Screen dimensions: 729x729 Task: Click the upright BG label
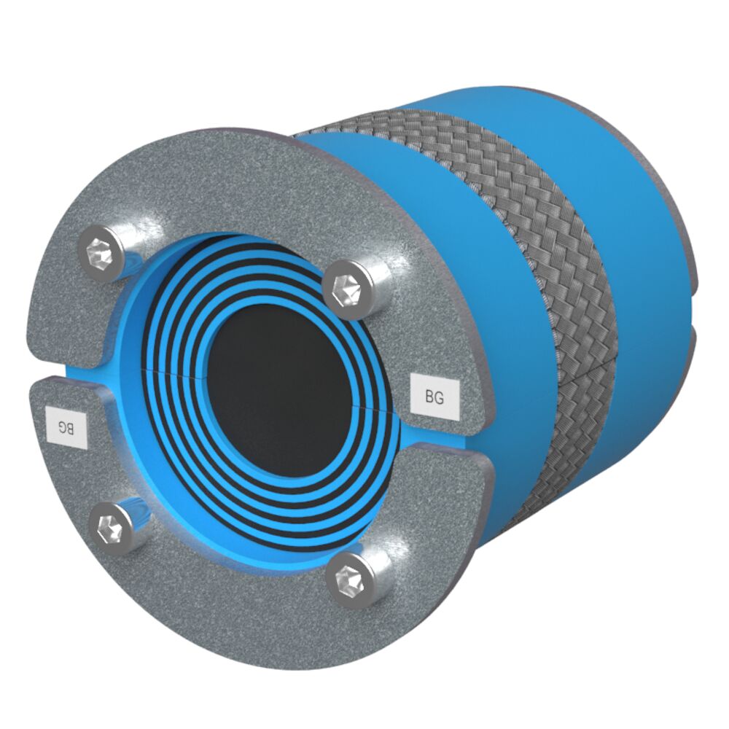click(434, 397)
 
